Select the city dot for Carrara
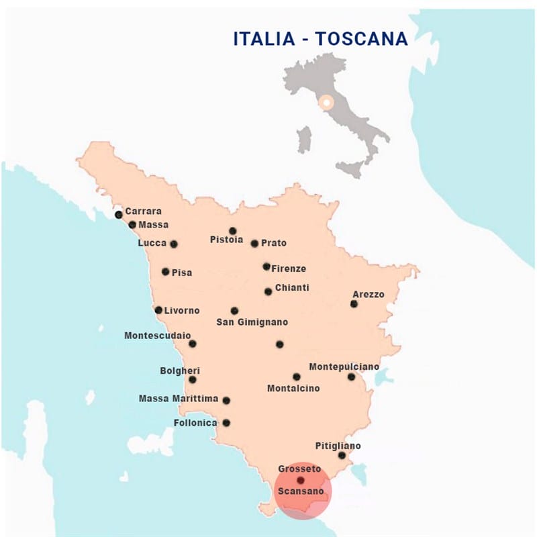pyautogui.click(x=119, y=215)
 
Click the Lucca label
pyautogui.click(x=152, y=243)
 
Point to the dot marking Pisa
pyautogui.click(x=166, y=272)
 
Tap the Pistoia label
pyautogui.click(x=226, y=240)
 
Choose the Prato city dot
pyautogui.click(x=254, y=244)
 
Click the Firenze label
pyautogui.click(x=289, y=268)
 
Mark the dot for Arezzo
pyautogui.click(x=354, y=304)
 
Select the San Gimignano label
pyautogui.click(x=252, y=322)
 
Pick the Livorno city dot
pyautogui.click(x=158, y=310)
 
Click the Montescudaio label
pyautogui.click(x=158, y=335)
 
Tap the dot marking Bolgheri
pyautogui.click(x=193, y=379)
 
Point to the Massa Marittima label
pyautogui.click(x=179, y=399)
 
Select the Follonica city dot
pyautogui.click(x=226, y=423)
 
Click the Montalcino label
pyautogui.click(x=293, y=388)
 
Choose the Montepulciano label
pyautogui.click(x=344, y=367)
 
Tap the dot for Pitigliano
pyautogui.click(x=342, y=456)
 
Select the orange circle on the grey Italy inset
pyautogui.click(x=326, y=103)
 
